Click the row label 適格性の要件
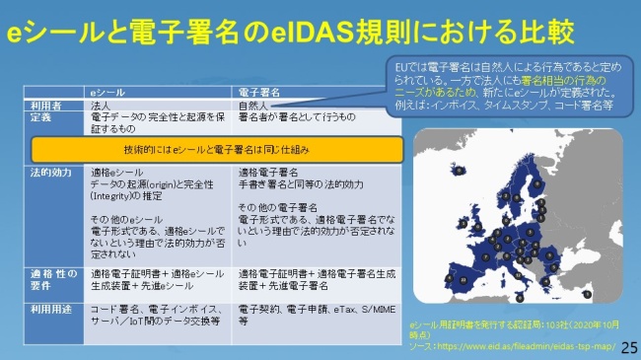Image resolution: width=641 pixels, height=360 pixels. click(49, 281)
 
